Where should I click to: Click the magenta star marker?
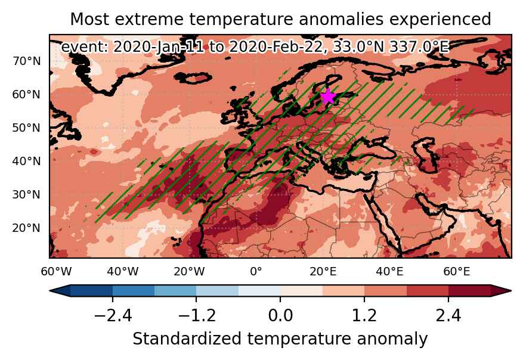coord(328,97)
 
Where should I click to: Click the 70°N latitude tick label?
coord(27,61)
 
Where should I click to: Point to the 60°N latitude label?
coord(27,95)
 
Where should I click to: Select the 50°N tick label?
coord(27,128)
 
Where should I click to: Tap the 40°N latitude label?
coord(27,162)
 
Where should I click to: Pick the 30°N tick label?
coord(27,195)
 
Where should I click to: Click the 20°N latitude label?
coord(27,228)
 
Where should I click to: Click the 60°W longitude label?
coord(56,272)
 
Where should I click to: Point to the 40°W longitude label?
coord(123,272)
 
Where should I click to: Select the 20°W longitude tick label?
coord(190,272)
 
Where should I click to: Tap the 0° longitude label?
coord(256,272)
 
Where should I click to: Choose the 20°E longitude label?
coord(323,272)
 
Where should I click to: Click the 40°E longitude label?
coord(389,272)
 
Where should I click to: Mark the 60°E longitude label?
coord(456,272)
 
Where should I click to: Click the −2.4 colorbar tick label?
coord(113,315)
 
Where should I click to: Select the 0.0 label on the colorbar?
coord(280,315)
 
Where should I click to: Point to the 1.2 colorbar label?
coord(364,315)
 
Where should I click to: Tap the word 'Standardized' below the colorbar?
coord(187,339)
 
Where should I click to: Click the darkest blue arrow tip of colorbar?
coord(50,291)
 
